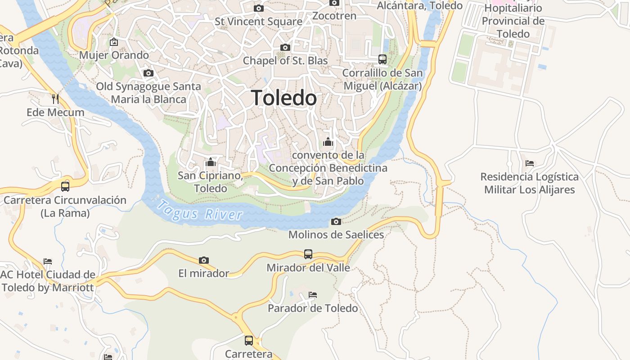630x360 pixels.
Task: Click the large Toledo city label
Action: [284, 98]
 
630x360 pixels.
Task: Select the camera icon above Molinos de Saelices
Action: [336, 221]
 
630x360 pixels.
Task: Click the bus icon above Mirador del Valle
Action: [308, 254]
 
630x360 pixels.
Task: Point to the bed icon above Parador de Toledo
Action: [313, 295]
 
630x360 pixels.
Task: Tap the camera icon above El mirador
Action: [204, 260]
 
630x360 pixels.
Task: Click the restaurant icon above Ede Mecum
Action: [55, 99]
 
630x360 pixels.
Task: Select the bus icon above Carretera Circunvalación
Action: [65, 186]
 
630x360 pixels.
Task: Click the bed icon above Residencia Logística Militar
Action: [530, 163]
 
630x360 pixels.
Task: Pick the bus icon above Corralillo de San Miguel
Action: [382, 59]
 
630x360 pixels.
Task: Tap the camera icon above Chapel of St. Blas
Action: [285, 47]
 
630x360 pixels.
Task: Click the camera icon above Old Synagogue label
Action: [148, 73]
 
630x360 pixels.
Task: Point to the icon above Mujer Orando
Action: [114, 42]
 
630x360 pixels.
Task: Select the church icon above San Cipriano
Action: [211, 162]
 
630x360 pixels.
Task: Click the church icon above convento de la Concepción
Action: [328, 142]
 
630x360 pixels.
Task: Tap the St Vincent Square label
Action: [258, 21]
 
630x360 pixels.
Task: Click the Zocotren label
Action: [334, 16]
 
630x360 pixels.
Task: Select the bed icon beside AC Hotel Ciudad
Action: [48, 261]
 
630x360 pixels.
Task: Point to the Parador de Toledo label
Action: [313, 308]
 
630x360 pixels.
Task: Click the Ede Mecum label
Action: [55, 112]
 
